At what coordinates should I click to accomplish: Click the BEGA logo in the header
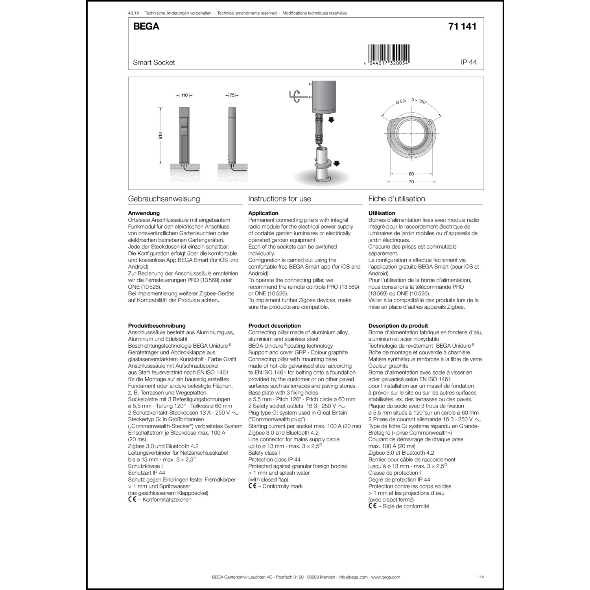146,27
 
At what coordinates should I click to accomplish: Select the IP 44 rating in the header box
468,62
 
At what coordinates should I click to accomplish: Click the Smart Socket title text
154,63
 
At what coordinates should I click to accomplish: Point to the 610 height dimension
160,136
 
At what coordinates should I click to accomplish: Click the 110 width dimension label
184,95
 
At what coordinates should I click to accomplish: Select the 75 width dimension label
232,95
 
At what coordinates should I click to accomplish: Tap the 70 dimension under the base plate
411,182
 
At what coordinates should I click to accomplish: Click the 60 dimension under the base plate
411,174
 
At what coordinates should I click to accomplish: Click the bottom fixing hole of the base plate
411,155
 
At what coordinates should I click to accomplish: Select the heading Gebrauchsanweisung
164,199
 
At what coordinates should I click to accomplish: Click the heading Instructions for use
280,199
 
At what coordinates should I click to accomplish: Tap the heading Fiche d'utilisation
396,199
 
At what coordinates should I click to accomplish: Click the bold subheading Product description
275,326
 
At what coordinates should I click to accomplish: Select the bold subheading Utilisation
382,213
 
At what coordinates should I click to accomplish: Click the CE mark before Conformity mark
253,486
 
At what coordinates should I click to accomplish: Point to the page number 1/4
480,577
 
